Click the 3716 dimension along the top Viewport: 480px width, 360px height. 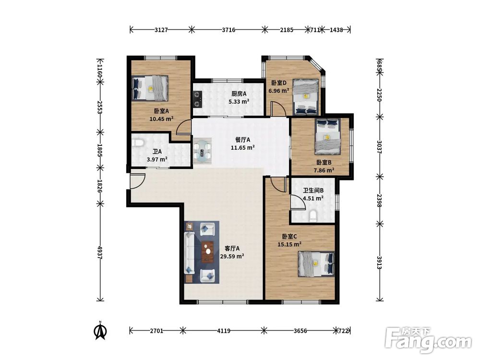pyautogui.click(x=228, y=30)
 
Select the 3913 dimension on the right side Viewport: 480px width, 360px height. pyautogui.click(x=379, y=263)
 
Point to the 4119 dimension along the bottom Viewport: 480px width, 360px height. pyautogui.click(x=224, y=331)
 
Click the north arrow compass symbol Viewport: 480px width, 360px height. pyautogui.click(x=100, y=330)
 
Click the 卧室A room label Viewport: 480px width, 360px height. pyautogui.click(x=161, y=111)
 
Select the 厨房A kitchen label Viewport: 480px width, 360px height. pyautogui.click(x=239, y=94)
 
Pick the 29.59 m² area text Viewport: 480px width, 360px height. pyautogui.click(x=232, y=256)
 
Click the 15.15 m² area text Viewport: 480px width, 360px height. pyautogui.click(x=289, y=244)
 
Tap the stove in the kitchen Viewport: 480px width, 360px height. pyautogui.click(x=197, y=99)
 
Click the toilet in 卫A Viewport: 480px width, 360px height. pyautogui.click(x=139, y=143)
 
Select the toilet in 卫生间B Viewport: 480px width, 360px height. pyautogui.click(x=313, y=216)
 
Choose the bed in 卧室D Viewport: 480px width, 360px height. pyautogui.click(x=305, y=97)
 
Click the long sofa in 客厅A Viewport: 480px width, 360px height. pyautogui.click(x=189, y=253)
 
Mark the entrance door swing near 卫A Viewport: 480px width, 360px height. pyautogui.click(x=137, y=181)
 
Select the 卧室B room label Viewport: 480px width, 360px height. pyautogui.click(x=324, y=162)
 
